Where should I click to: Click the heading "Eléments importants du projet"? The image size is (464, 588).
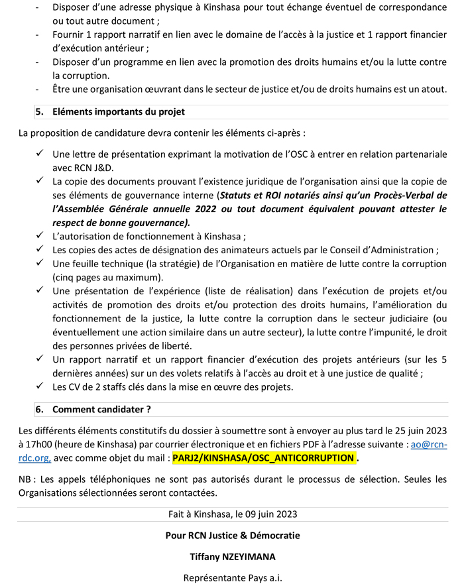[x=118, y=111]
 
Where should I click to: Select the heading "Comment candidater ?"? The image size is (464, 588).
[x=101, y=409]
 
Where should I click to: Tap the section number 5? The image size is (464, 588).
[x=39, y=111]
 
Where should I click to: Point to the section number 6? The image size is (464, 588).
[x=39, y=409]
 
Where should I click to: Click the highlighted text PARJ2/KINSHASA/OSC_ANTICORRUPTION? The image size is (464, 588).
[x=263, y=457]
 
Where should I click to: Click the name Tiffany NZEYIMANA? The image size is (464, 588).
[x=232, y=556]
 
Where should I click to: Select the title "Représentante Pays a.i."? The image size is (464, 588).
[x=232, y=577]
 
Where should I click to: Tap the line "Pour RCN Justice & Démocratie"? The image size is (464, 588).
[x=232, y=535]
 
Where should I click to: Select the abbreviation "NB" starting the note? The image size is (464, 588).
[x=26, y=479]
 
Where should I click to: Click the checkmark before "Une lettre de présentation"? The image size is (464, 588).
[x=40, y=154]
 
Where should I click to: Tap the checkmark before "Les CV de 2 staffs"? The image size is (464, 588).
[x=40, y=386]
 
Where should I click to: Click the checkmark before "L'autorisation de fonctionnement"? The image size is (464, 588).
[x=40, y=236]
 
